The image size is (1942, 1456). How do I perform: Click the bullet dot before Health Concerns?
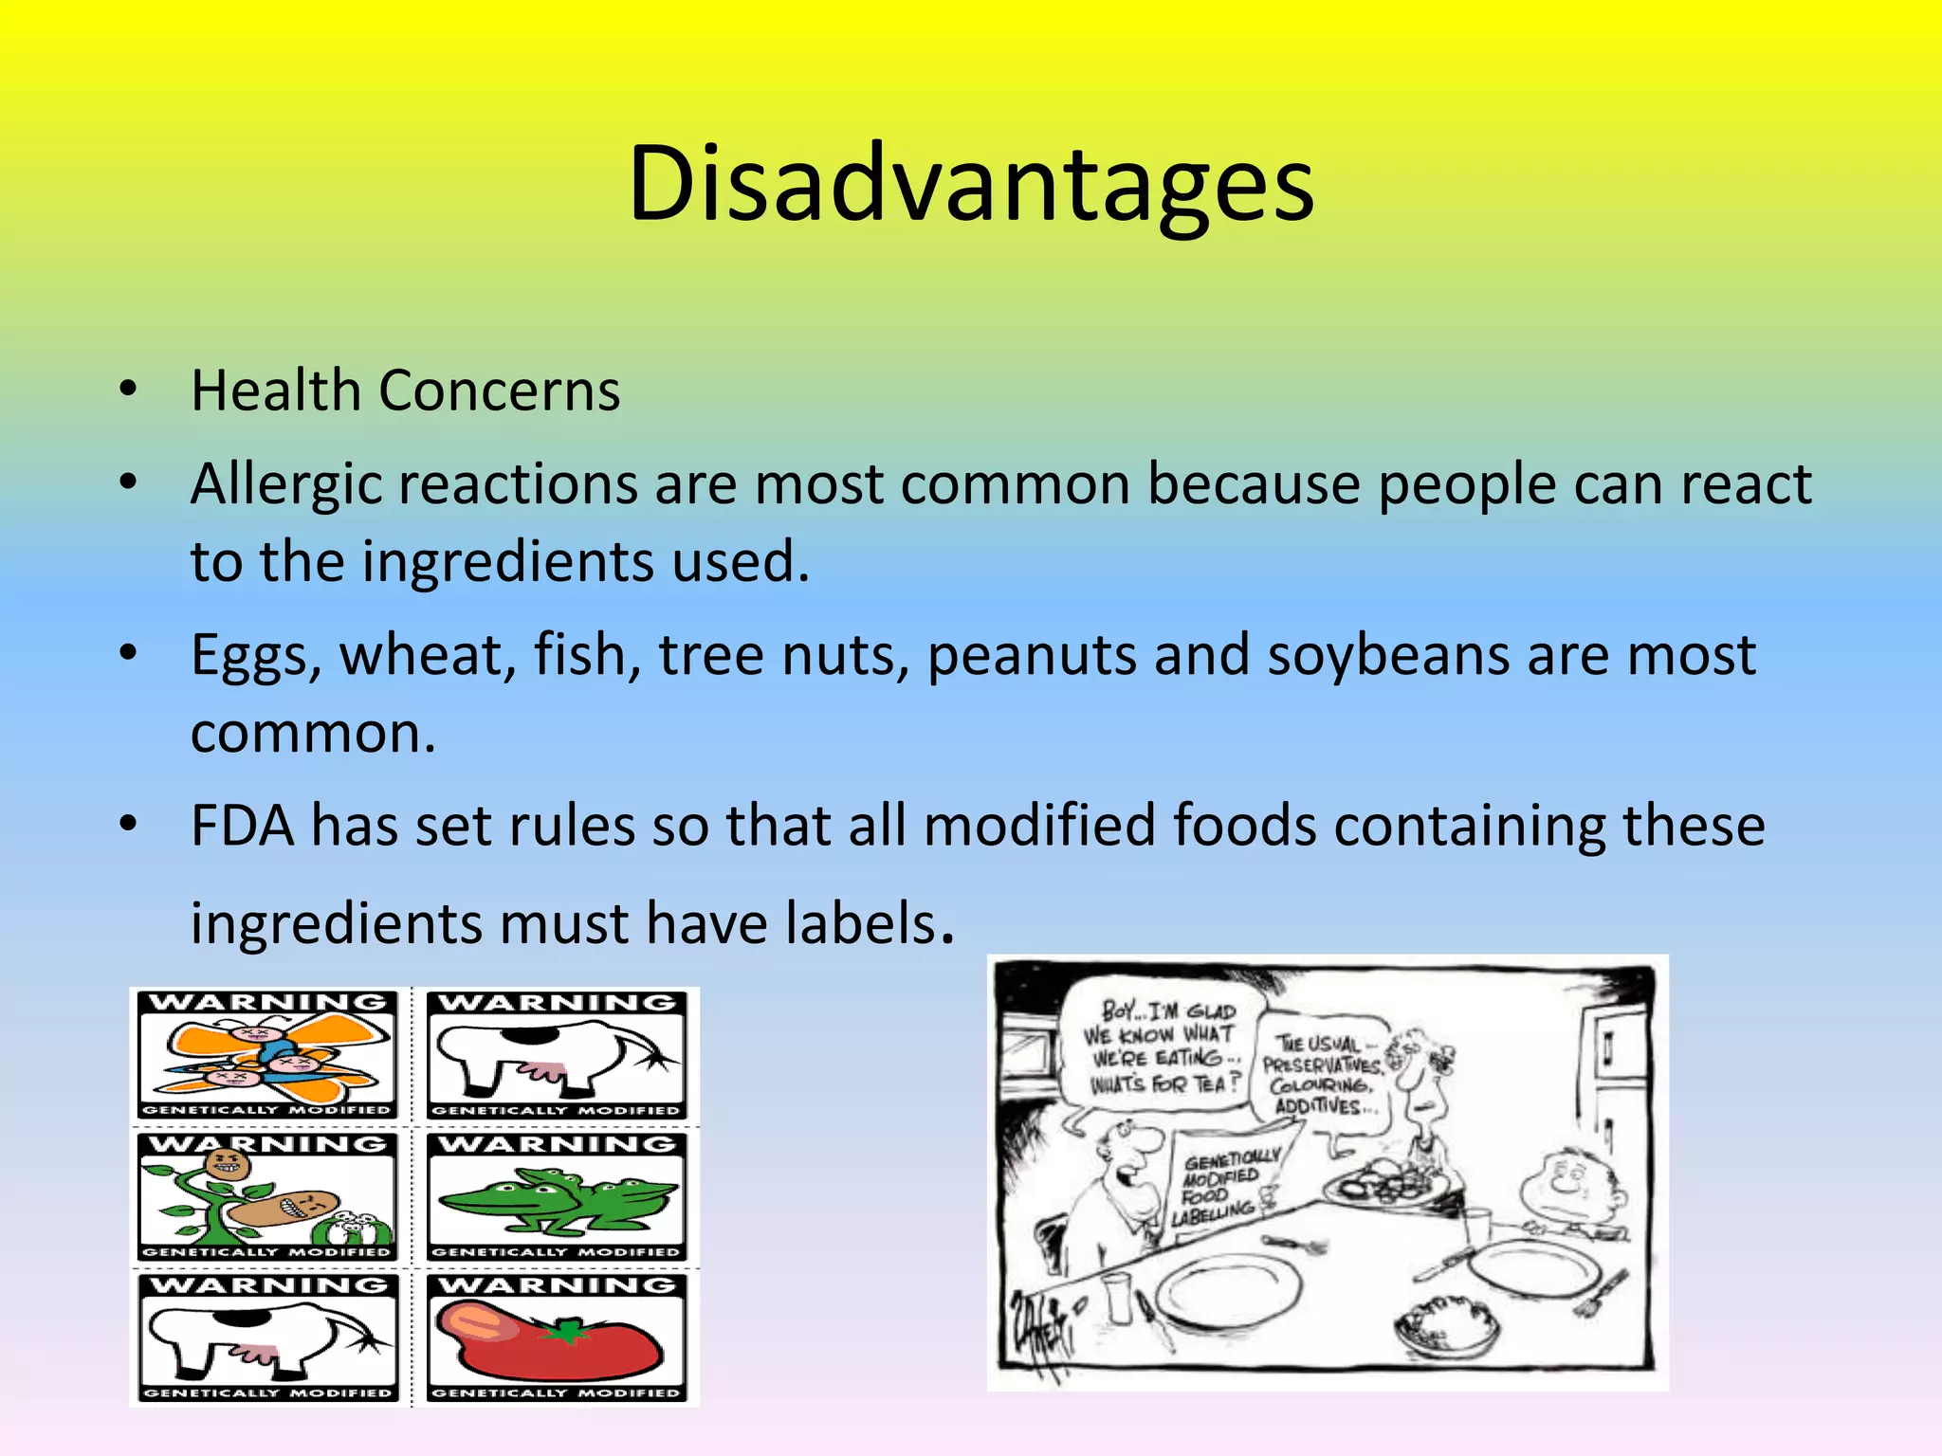pos(128,390)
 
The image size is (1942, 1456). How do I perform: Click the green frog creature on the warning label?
pos(559,1199)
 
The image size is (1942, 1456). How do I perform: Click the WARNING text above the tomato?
pos(558,1286)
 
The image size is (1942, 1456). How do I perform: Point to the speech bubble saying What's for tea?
pos(1161,1047)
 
